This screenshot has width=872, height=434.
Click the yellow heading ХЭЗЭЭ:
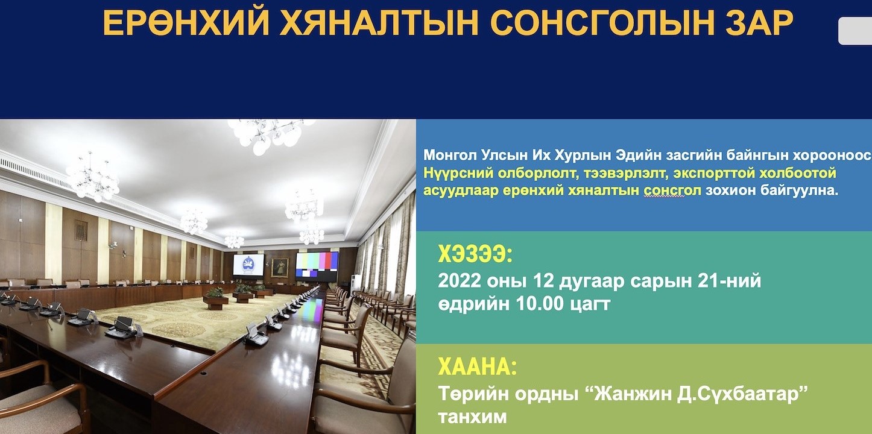click(475, 254)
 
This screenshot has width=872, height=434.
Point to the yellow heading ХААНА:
click(477, 366)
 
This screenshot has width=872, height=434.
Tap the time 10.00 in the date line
click(539, 304)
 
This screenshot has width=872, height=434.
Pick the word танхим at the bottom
click(473, 417)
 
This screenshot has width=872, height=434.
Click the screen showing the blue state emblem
click(248, 265)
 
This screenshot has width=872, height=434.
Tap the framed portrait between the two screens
click(279, 267)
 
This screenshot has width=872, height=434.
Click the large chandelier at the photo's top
click(268, 134)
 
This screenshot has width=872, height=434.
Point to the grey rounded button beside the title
click(855, 31)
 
